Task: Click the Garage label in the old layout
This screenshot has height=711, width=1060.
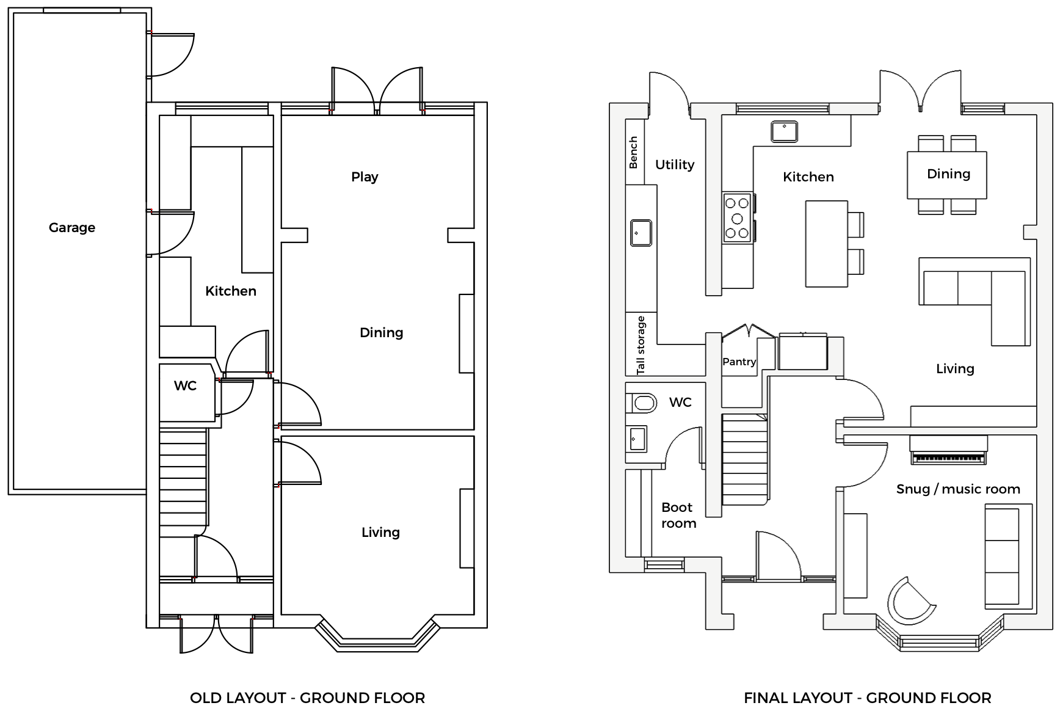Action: (72, 228)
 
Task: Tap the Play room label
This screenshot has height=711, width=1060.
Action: (365, 177)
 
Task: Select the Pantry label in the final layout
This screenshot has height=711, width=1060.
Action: (739, 362)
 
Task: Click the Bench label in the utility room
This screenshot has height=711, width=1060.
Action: (634, 152)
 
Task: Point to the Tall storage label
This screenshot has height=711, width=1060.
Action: (641, 345)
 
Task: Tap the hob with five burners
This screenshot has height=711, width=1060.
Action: (737, 218)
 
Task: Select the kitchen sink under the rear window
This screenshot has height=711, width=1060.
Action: (784, 131)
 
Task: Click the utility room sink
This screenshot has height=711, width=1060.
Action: (641, 233)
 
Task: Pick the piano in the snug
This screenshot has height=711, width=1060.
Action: (948, 451)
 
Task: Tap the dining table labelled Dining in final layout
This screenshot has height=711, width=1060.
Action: (947, 175)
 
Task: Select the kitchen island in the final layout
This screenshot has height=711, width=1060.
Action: (826, 244)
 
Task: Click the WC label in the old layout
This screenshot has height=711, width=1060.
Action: (185, 386)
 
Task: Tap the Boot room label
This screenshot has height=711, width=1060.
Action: (678, 516)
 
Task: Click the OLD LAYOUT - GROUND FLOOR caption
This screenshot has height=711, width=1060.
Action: (307, 698)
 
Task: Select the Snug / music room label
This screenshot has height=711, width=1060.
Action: (957, 489)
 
